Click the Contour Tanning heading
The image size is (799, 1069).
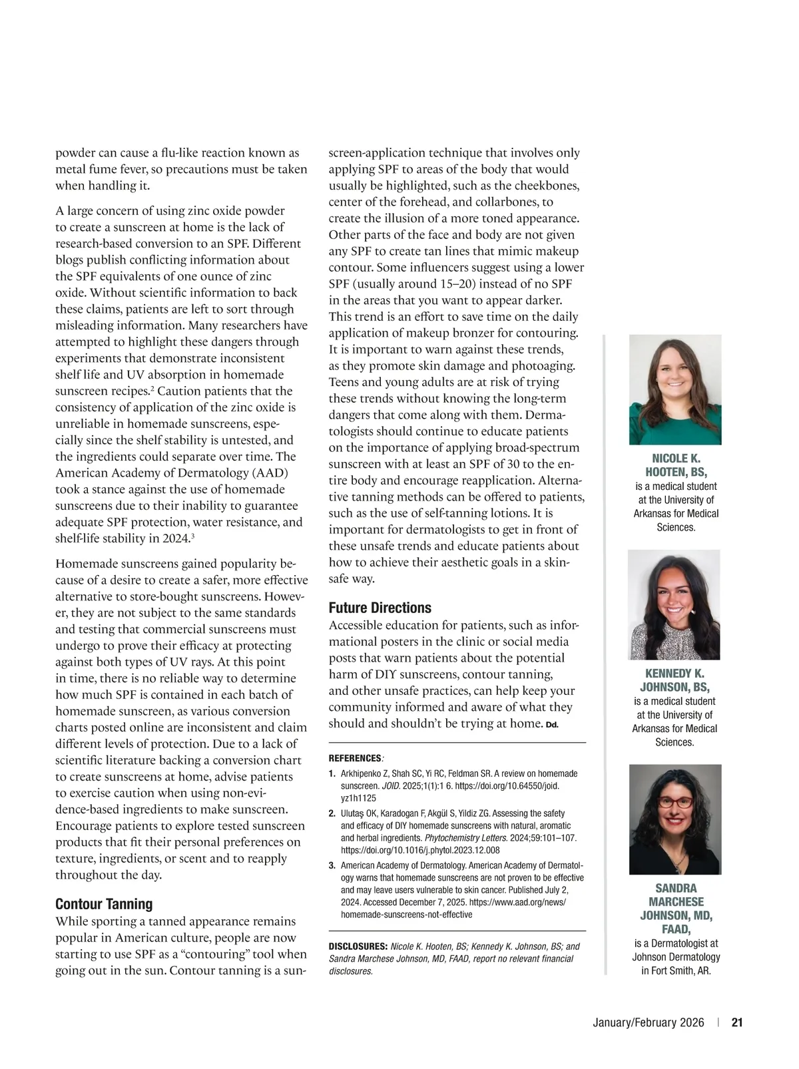[x=104, y=904]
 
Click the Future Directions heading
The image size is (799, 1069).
[x=380, y=608]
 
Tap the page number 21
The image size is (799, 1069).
[x=737, y=1023]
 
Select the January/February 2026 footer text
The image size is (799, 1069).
[x=648, y=1023]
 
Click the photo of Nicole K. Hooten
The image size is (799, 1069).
[x=675, y=389]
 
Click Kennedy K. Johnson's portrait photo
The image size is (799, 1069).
[x=674, y=604]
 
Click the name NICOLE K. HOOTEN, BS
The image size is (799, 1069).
[x=675, y=465]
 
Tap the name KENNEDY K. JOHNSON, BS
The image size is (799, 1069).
[x=674, y=680]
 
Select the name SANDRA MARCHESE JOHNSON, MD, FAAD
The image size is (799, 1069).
[x=675, y=909]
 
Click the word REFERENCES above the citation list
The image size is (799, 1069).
[x=354, y=758]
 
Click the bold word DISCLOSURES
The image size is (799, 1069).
[x=358, y=947]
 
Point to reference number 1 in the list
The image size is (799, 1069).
[x=332, y=773]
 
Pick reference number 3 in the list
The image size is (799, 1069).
[x=332, y=865]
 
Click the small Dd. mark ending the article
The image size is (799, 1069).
[x=552, y=725]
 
